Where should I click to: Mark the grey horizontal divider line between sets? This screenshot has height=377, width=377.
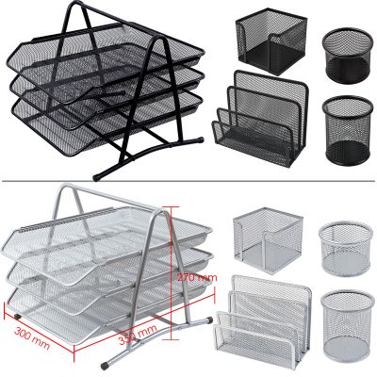188,182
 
